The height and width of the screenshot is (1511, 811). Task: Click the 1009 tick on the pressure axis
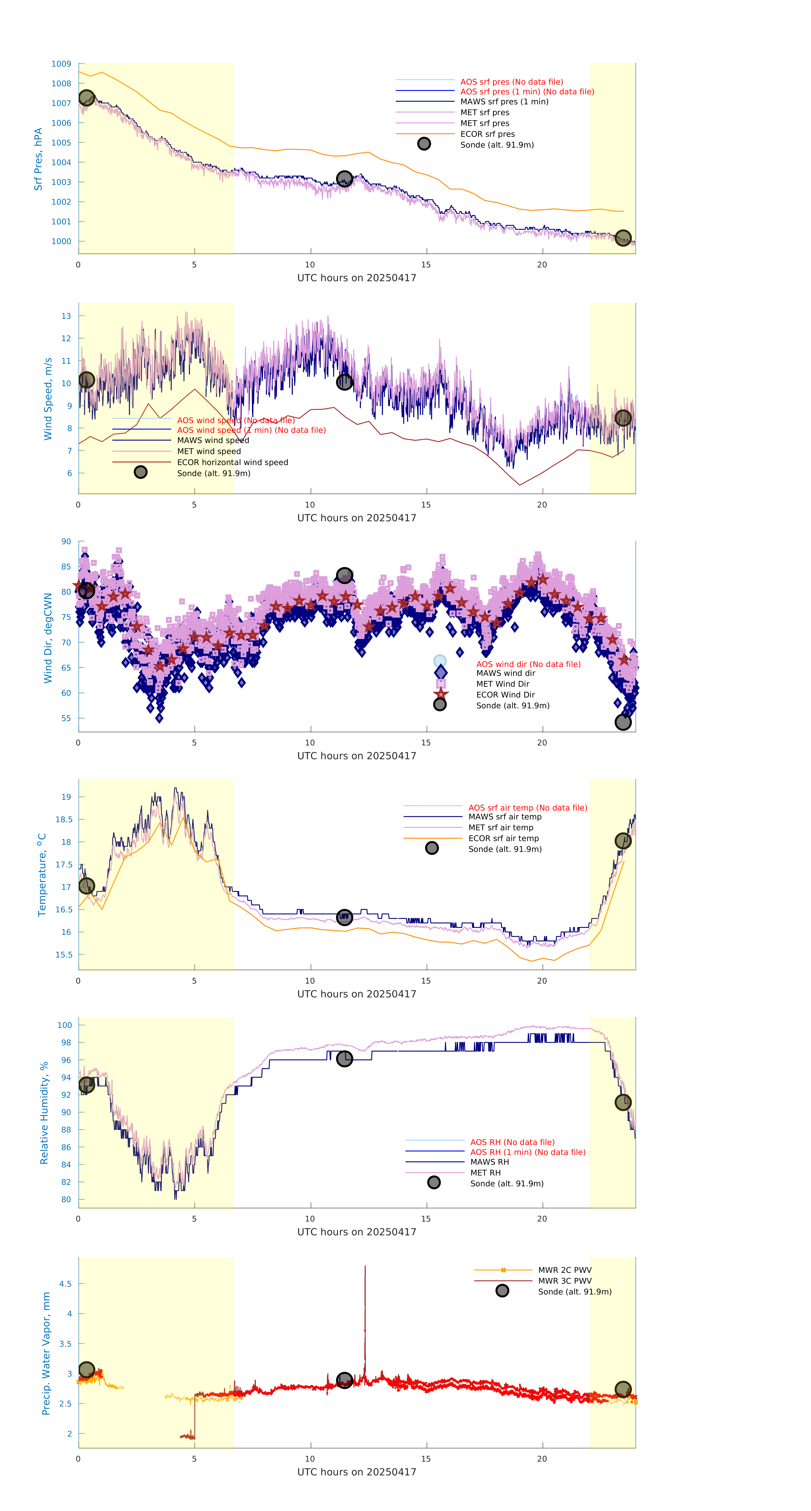(61, 64)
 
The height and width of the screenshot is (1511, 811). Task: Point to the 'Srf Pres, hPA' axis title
(38, 159)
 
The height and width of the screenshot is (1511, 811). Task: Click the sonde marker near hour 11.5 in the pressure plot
(344, 178)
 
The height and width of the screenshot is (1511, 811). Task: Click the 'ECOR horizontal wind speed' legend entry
(232, 462)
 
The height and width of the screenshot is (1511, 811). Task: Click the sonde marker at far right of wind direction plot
(623, 722)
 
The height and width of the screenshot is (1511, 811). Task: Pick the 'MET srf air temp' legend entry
(500, 828)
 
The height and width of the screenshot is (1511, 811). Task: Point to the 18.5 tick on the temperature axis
(64, 819)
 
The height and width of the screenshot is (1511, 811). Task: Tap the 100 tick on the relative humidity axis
(64, 1025)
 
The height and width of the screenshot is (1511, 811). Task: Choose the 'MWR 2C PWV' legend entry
(564, 1270)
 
